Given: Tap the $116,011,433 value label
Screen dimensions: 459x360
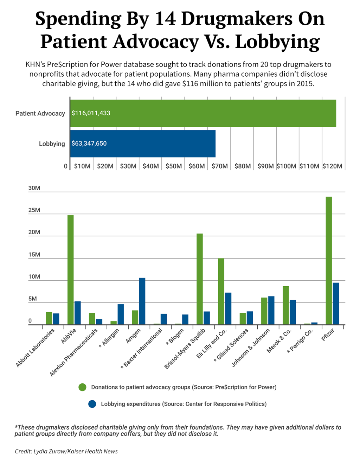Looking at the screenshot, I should point(91,113).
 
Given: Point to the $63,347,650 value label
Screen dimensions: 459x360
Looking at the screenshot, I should point(89,144).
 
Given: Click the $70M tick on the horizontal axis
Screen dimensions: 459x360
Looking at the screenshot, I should point(219,166).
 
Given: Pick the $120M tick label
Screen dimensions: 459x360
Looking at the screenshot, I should point(332,166).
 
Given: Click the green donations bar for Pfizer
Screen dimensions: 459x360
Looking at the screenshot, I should point(329,260).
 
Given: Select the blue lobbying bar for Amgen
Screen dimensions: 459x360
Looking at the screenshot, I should point(142,301).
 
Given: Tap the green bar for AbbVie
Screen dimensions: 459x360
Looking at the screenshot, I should point(70,270).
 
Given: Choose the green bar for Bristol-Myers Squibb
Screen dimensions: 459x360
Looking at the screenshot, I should point(200,279).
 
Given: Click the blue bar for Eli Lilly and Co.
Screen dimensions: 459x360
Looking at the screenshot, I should point(228,308).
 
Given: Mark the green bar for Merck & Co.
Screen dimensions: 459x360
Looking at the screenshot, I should point(286,305).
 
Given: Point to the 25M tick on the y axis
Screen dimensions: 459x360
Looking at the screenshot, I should point(34,210).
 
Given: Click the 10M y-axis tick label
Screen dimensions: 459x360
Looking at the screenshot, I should point(34,277).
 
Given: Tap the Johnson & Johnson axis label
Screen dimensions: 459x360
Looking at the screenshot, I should point(251,347).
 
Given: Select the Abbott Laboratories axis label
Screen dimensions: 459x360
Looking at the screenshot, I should point(36,348).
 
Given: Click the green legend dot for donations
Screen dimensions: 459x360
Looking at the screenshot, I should point(82,387).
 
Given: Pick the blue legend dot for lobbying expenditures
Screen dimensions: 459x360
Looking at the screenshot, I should point(92,404).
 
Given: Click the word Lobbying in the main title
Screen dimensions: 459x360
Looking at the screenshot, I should point(277,42).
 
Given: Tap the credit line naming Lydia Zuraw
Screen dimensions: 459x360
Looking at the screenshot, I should point(66,451).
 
